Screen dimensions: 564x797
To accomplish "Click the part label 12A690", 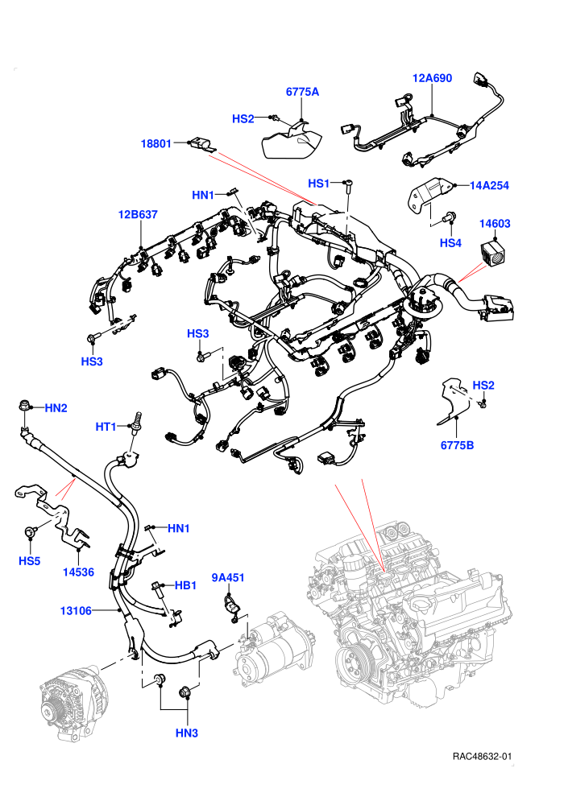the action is tap(432, 78).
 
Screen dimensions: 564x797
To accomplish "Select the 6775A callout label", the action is tap(302, 92).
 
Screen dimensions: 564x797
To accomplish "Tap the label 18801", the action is tap(156, 143).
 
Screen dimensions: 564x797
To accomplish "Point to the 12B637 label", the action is tap(138, 214).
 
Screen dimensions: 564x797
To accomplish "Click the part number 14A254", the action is tap(489, 185).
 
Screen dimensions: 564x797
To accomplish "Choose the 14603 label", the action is tap(495, 223).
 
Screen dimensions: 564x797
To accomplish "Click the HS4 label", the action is tap(450, 243).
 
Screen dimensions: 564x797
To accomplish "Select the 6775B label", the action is tap(457, 445).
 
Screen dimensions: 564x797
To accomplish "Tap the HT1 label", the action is tap(106, 427).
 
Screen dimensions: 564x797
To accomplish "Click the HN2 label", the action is tap(56, 407).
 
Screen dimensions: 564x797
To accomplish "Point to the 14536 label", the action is tap(78, 572).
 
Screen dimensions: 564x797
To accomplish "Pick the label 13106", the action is tap(76, 610).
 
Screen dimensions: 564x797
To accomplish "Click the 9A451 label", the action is tap(228, 577).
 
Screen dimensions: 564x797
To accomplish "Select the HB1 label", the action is tap(185, 585).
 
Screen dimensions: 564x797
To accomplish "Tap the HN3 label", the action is tap(187, 733).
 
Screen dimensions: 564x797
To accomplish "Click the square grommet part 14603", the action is tap(494, 253).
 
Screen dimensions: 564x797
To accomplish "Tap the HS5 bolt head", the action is tap(31, 532).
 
